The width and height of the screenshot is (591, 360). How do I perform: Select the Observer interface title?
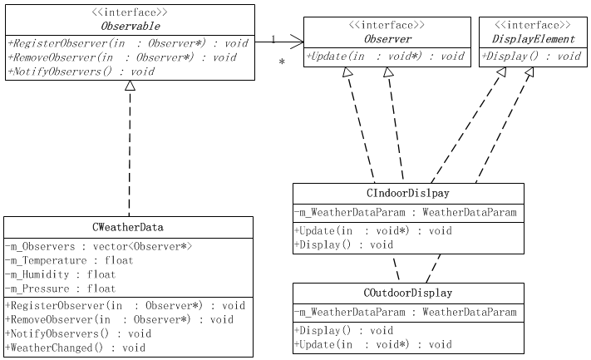[x=388, y=39]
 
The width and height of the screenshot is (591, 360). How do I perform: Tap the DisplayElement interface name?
[x=534, y=39]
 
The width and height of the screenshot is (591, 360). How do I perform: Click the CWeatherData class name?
[x=128, y=227]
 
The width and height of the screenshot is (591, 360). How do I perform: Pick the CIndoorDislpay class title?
[x=408, y=193]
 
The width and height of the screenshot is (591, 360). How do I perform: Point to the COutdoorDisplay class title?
[x=408, y=293]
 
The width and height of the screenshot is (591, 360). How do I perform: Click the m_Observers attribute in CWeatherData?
[x=99, y=247]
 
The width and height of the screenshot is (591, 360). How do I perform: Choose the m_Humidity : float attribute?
[x=60, y=274]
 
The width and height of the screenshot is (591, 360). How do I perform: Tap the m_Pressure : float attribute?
[x=60, y=288]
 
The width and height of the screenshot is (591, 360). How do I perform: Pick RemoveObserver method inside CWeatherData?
[x=120, y=319]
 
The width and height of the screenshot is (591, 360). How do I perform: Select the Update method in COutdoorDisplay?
[x=373, y=344]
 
